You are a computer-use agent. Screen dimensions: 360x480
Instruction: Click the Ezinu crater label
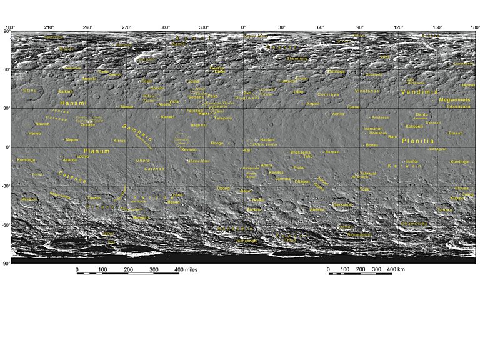click(30, 91)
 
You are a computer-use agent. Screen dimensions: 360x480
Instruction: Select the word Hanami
click(72, 102)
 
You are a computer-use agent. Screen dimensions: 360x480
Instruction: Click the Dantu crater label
click(422, 114)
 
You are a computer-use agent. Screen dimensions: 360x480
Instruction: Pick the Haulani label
click(267, 139)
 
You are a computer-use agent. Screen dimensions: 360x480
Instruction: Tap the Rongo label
click(217, 143)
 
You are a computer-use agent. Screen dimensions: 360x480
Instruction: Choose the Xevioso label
click(189, 150)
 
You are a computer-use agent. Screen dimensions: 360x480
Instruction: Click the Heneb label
click(35, 133)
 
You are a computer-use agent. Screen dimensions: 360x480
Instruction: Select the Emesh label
click(456, 132)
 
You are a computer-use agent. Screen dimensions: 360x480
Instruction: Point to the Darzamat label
click(343, 204)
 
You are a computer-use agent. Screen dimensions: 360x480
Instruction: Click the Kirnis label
click(120, 141)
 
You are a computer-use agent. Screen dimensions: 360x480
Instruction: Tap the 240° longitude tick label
click(88, 27)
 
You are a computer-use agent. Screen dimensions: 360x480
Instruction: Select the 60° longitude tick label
click(321, 27)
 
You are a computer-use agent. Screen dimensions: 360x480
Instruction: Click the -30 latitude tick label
click(6, 186)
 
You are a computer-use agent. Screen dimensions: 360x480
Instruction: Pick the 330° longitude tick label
click(204, 27)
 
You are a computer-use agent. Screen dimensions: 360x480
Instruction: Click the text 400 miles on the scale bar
click(186, 269)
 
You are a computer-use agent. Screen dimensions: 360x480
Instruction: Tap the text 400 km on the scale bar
click(397, 269)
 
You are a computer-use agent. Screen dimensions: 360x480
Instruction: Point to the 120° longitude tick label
click(399, 27)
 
